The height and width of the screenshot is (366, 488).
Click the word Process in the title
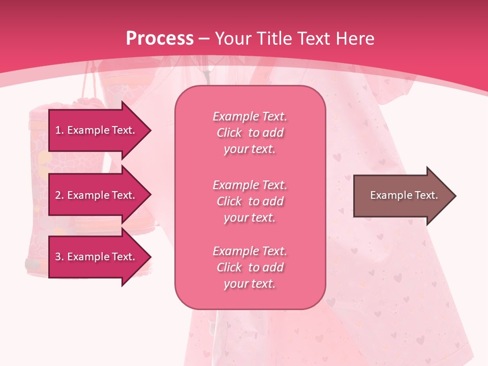tap(160, 39)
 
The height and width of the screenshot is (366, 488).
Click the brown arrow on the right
tap(402, 196)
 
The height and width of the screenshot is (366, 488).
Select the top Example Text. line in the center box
tap(250, 116)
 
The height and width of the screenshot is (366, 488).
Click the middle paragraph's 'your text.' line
tap(250, 218)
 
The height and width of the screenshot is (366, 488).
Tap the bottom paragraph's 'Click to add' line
tap(250, 267)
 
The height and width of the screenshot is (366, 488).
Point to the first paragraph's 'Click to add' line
tap(250, 133)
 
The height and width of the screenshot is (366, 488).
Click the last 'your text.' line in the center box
tap(250, 284)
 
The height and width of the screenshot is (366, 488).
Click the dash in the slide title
tap(204, 39)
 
